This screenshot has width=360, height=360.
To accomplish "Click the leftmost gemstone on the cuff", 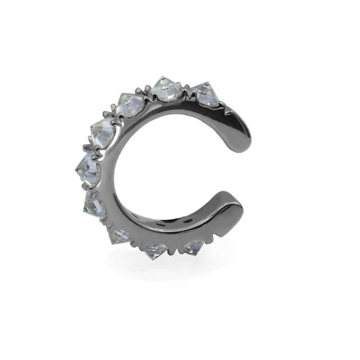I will [89, 169].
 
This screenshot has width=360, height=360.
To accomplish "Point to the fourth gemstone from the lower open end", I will [95, 207].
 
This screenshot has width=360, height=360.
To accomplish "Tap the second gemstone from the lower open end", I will [156, 251].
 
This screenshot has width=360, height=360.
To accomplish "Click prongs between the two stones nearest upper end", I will [187, 88].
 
